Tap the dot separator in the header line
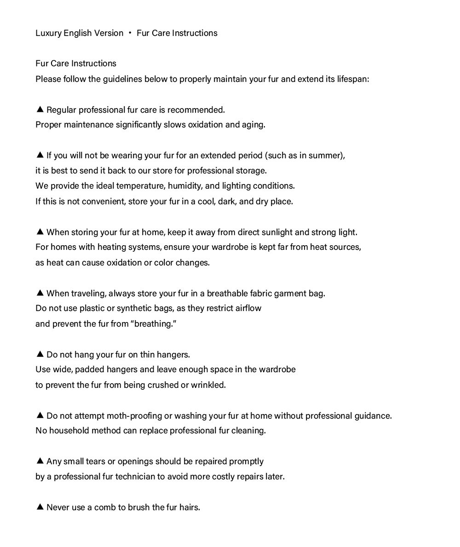pos(130,33)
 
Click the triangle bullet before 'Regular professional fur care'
pos(40,109)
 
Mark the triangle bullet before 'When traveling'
pos(40,293)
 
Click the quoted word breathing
pos(154,324)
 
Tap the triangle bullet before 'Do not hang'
pos(40,354)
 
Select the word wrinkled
pos(208,385)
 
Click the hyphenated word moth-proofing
pos(134,416)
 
